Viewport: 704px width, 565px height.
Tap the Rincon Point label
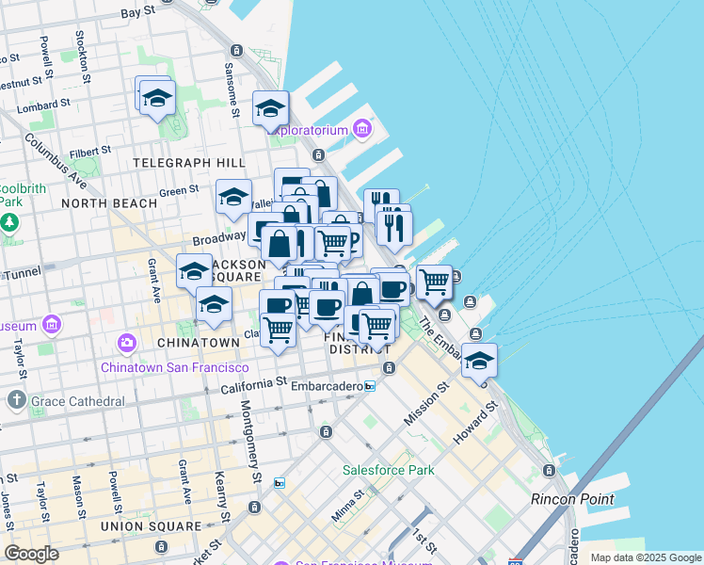coord(572,499)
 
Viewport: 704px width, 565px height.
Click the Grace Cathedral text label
coord(77,401)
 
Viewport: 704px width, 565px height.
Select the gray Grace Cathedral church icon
coord(16,401)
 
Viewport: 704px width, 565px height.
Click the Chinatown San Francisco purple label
coord(174,367)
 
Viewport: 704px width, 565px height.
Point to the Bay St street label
coord(138,13)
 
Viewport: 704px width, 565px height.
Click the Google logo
coord(32,553)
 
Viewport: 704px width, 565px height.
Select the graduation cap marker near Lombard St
coord(157,97)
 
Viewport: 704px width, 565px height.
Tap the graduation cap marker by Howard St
coord(479,361)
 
